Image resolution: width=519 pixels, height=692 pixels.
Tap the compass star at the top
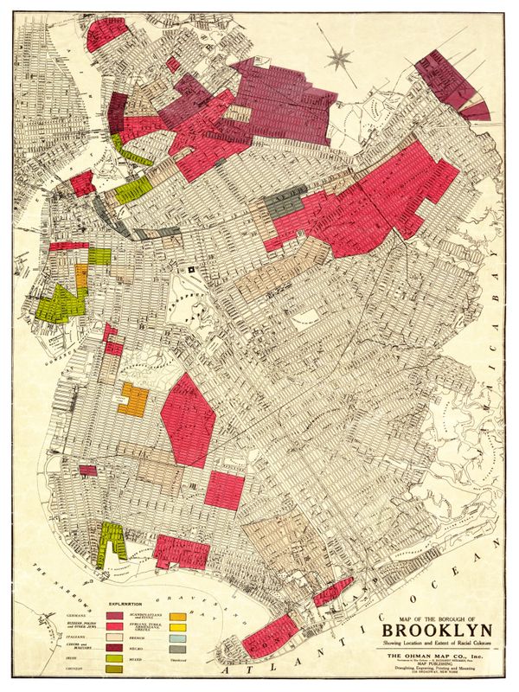(x=339, y=59)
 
